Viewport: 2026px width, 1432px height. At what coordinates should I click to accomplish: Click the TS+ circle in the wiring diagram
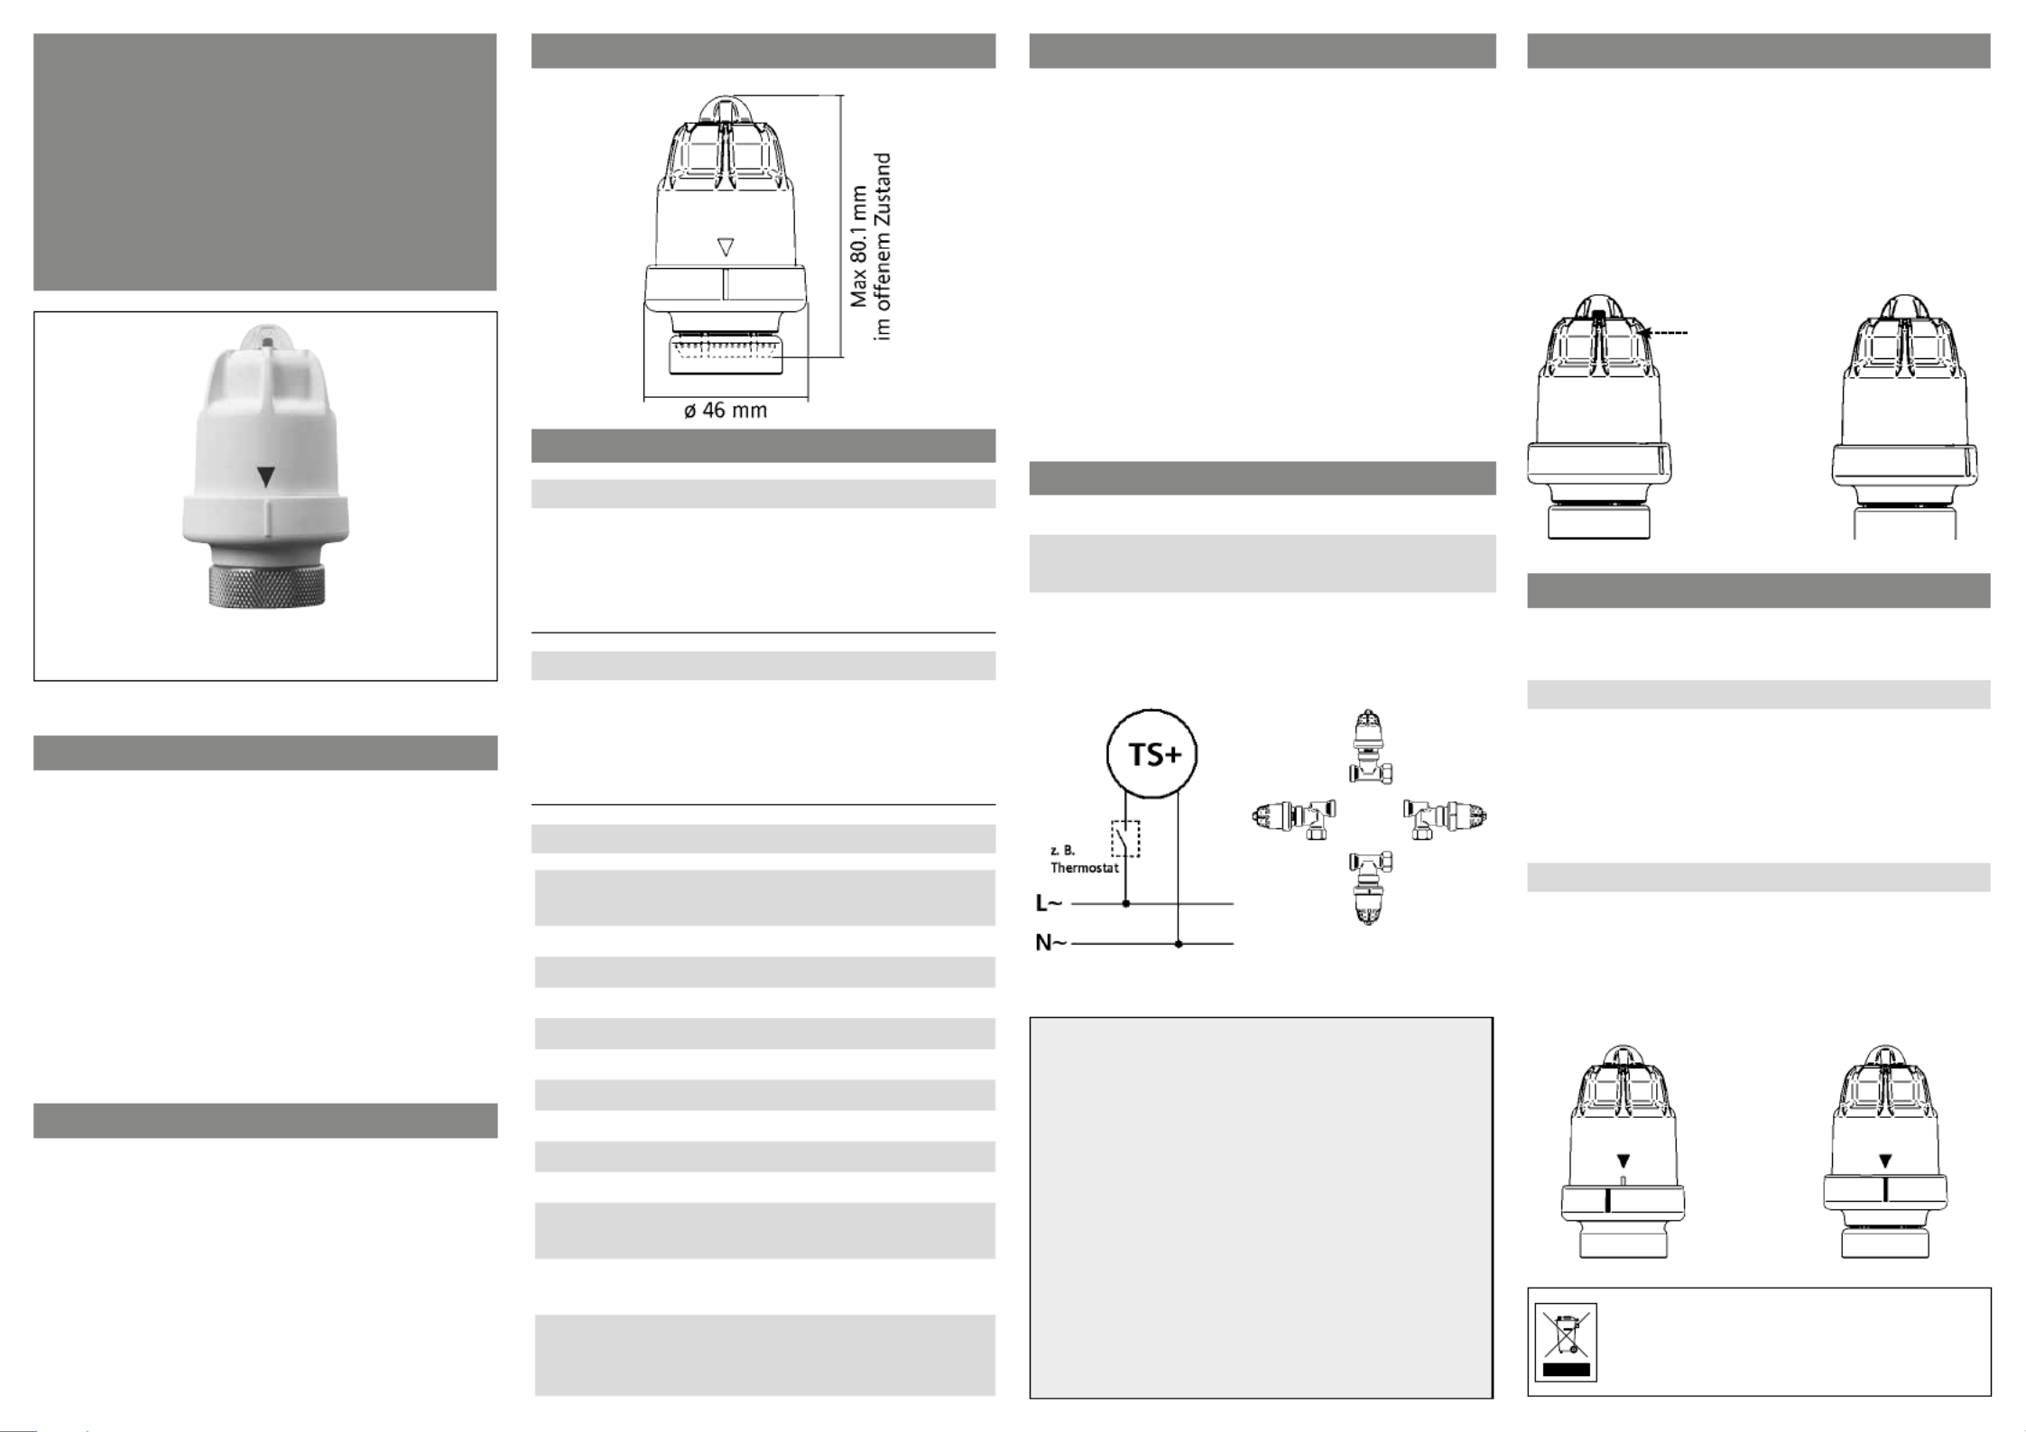1152,754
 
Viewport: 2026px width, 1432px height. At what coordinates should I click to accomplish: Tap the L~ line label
1049,903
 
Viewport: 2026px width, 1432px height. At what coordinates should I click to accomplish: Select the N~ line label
1050,944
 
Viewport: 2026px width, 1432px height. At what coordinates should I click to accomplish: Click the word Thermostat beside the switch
1084,868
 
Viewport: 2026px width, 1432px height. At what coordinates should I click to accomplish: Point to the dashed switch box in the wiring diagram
1125,839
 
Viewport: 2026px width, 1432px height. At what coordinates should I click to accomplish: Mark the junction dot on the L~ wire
1125,903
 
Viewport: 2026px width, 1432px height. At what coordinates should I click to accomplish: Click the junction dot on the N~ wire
1179,944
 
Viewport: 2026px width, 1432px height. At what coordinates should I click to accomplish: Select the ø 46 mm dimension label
726,411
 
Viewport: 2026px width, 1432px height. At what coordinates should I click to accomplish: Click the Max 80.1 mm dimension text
858,246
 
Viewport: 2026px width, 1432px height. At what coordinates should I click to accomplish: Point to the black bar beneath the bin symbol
1565,1370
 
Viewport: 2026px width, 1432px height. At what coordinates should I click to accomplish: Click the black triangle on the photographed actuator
265,477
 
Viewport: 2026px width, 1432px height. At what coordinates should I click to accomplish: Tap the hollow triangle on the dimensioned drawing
725,246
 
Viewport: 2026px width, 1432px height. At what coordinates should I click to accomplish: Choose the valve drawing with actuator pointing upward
1370,746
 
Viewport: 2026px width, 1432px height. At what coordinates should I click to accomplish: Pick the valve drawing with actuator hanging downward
1370,889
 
